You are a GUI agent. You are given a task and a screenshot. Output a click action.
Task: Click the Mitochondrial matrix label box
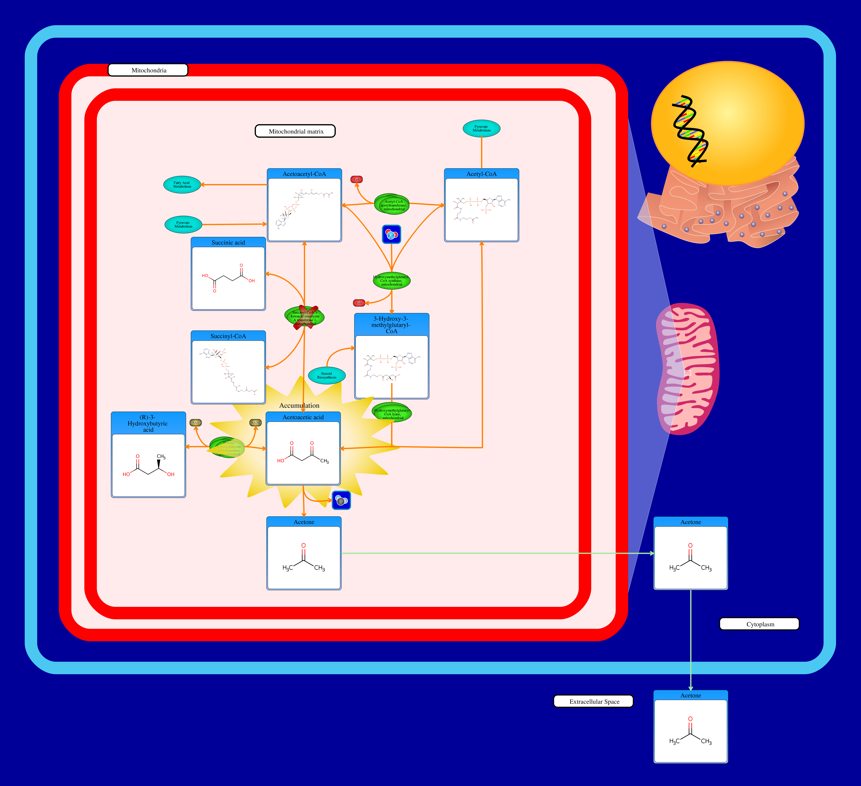(x=295, y=131)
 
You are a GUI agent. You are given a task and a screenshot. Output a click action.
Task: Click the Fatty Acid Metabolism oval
(x=182, y=184)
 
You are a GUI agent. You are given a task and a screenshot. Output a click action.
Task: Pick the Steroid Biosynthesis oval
(x=327, y=375)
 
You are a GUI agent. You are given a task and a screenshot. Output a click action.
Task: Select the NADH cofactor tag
(x=255, y=423)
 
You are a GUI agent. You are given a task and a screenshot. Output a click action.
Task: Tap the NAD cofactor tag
(x=196, y=423)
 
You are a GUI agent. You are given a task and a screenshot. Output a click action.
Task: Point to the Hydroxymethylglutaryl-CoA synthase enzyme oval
(x=392, y=280)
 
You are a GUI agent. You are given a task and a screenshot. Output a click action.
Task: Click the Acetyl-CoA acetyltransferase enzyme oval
(x=392, y=204)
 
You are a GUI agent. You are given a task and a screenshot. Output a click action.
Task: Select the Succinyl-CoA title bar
(x=228, y=336)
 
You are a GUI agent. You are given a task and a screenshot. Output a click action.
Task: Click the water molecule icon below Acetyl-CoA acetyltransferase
(x=391, y=234)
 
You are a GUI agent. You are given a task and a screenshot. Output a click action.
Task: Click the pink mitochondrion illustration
(x=688, y=369)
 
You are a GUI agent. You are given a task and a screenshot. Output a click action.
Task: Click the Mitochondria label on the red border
(x=148, y=70)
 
